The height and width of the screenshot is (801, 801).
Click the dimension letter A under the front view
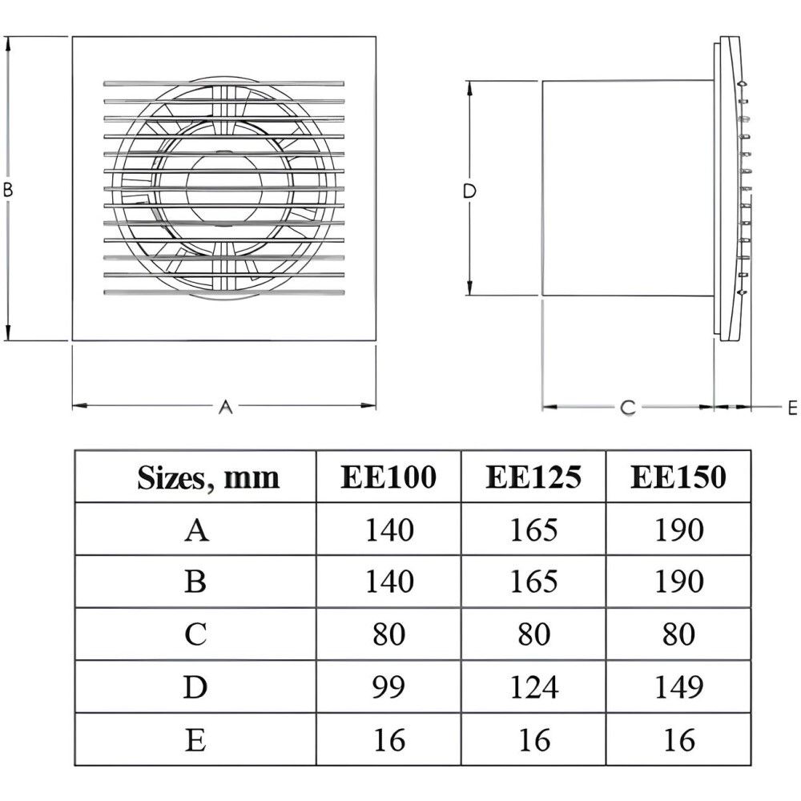pos(226,407)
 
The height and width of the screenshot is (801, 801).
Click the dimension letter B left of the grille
pos(8,190)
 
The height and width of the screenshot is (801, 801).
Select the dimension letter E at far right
pos(792,408)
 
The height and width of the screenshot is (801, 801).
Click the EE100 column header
pos(388,477)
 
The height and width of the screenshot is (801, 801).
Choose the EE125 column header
pos(533,477)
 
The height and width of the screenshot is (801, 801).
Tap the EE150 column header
pos(678,477)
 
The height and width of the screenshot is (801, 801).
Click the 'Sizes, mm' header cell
pos(208,478)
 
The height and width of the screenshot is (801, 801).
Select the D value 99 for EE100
pos(388,687)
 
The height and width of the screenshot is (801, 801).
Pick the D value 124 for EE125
pos(533,687)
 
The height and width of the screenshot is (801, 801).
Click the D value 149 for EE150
pos(678,687)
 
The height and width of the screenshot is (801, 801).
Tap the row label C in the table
pos(195,635)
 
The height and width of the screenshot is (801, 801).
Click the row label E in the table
pos(195,740)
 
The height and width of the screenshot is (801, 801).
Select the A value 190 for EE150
pos(678,530)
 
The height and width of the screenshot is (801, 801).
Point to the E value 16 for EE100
pos(388,740)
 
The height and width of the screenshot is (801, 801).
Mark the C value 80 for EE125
pos(533,635)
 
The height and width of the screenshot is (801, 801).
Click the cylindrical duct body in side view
pos(625,189)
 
